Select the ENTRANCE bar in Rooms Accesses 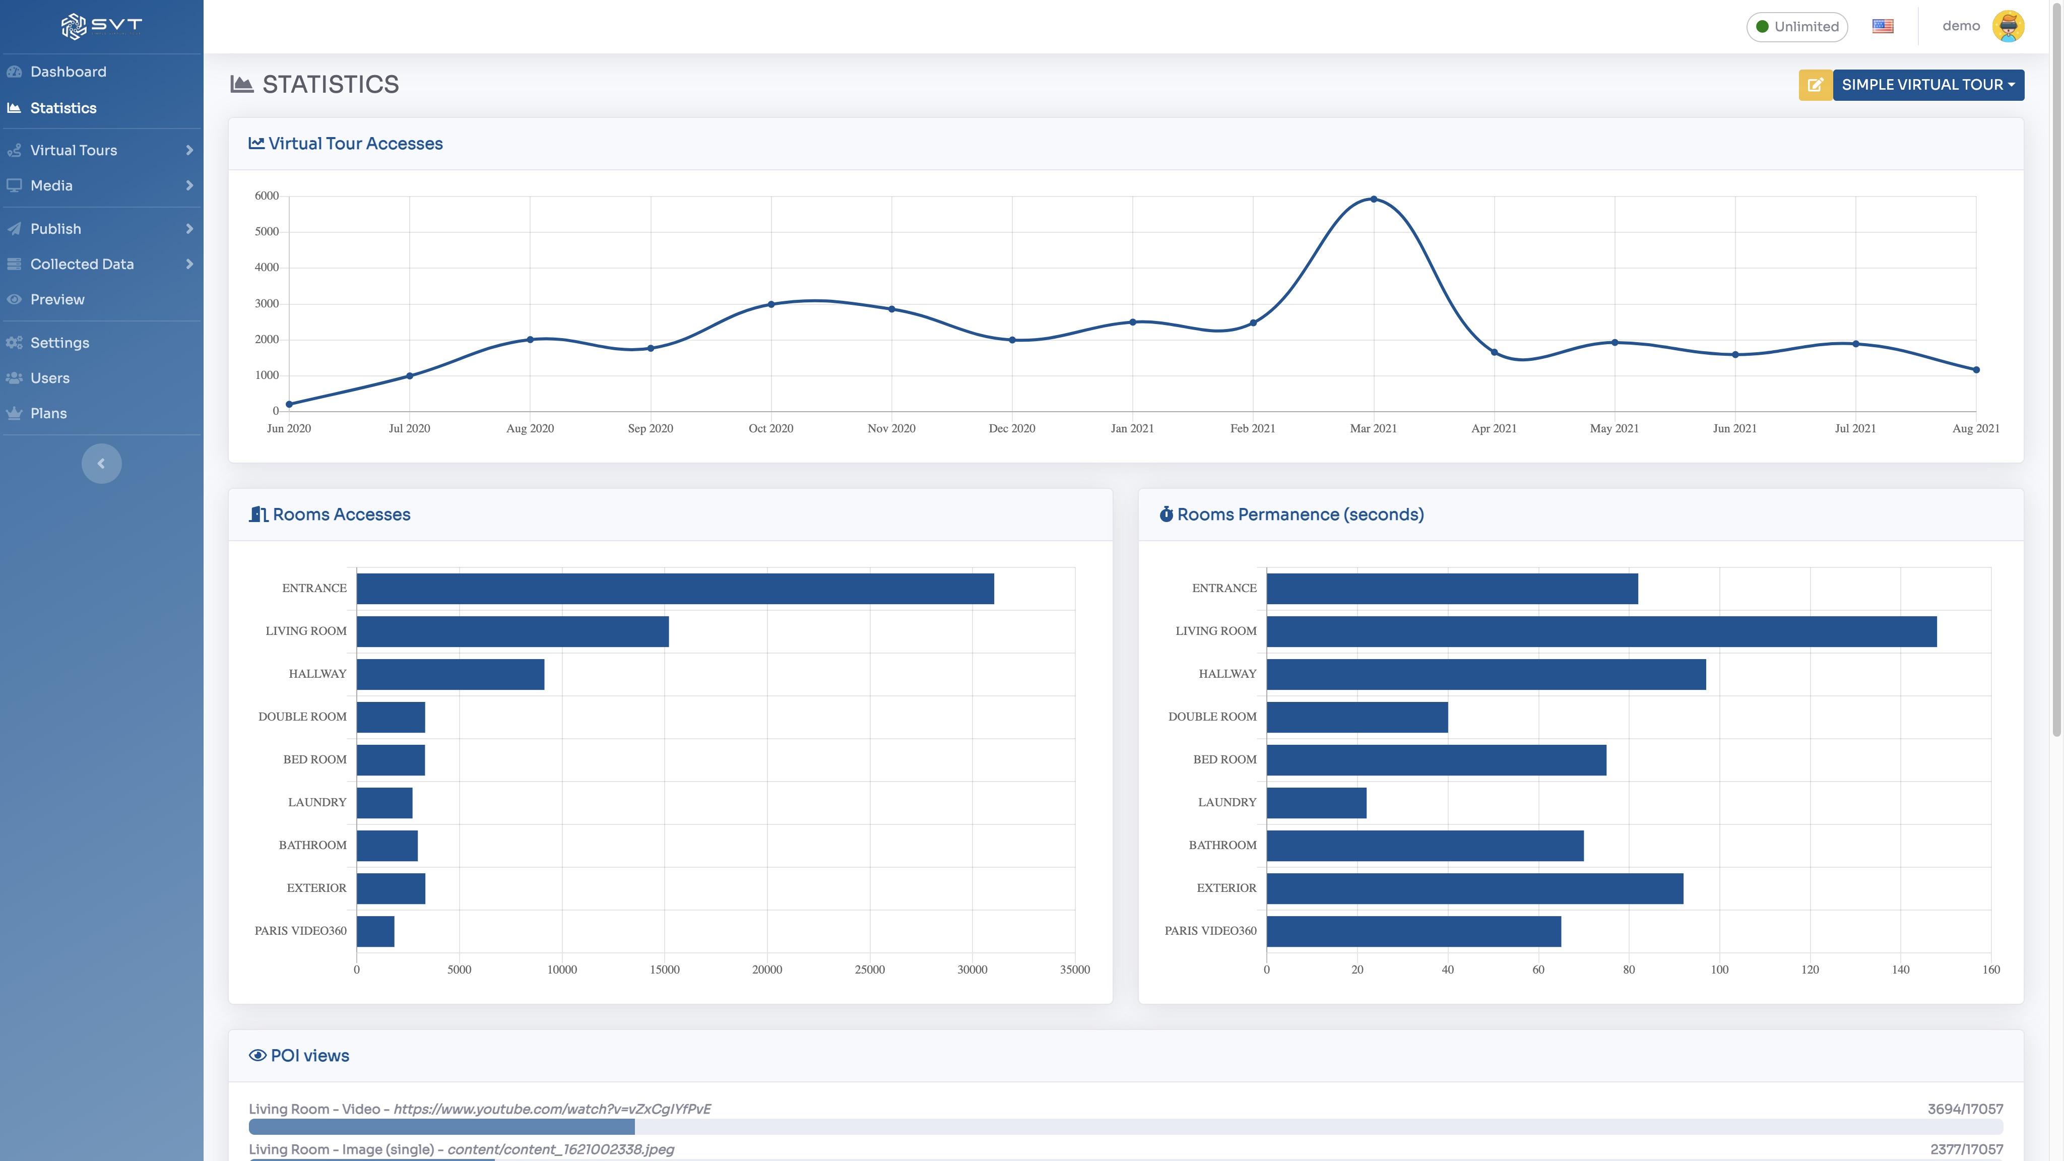[x=675, y=588]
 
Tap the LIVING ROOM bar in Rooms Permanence [x=1601, y=631]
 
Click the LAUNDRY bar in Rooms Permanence [x=1316, y=803]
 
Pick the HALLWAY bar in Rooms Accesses [x=450, y=674]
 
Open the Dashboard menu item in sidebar [x=68, y=72]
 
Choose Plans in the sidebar [x=48, y=413]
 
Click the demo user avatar [x=2009, y=26]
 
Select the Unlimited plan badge [x=1797, y=26]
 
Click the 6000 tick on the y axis [x=267, y=196]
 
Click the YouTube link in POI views [x=552, y=1110]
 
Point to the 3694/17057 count [x=1965, y=1110]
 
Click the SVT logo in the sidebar [x=101, y=26]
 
